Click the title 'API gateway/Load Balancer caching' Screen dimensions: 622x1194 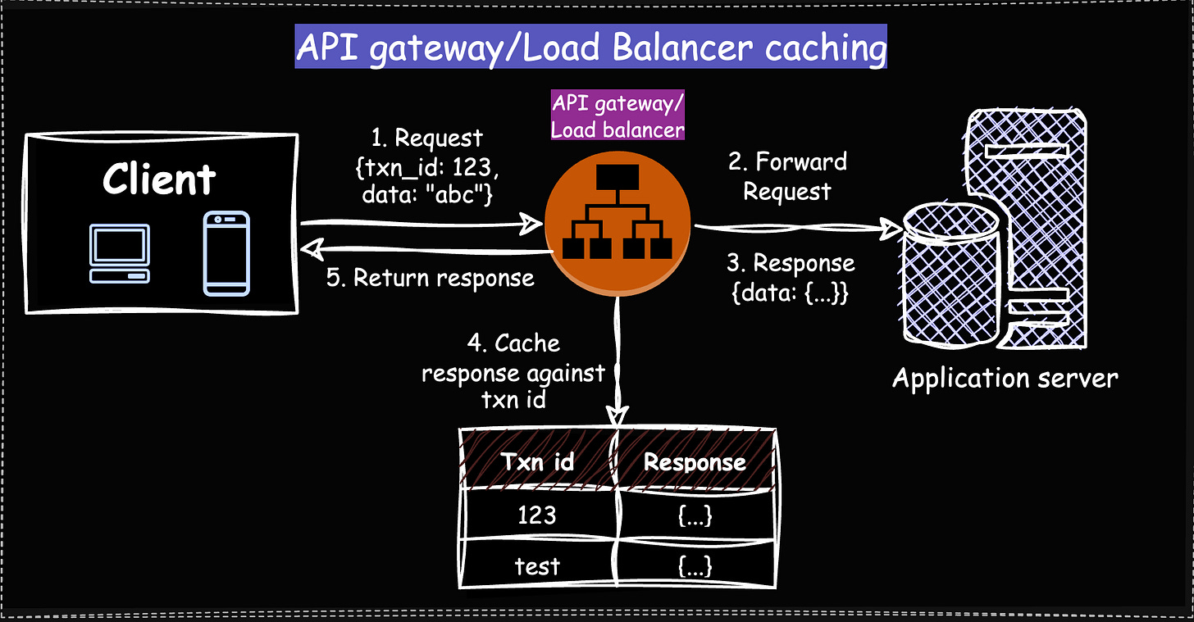click(590, 48)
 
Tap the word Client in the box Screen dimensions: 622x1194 click(159, 179)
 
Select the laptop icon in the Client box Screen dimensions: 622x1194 click(120, 254)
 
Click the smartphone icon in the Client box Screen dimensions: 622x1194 click(226, 253)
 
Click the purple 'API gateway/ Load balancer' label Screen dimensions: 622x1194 click(618, 116)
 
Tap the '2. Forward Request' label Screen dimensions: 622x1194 click(787, 176)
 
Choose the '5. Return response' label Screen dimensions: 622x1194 click(430, 278)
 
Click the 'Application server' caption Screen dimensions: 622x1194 click(1005, 378)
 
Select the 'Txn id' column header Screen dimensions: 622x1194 click(536, 461)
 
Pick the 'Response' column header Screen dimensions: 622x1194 click(694, 461)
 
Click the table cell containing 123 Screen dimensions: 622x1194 click(536, 515)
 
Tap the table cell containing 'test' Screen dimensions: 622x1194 click(536, 565)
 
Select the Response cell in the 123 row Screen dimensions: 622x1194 click(694, 515)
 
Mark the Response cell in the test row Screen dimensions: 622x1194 click(694, 565)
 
